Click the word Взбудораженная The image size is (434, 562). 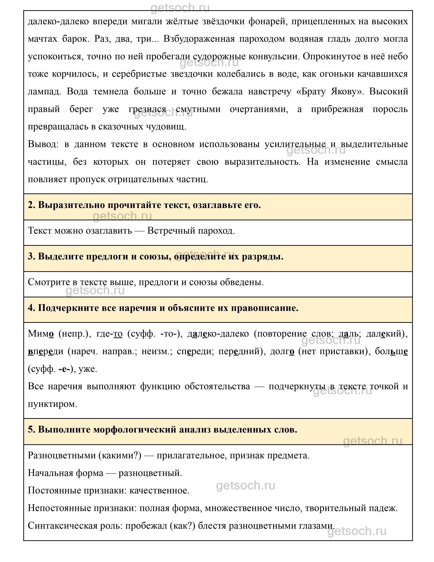[x=199, y=39]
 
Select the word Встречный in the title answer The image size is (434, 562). [x=171, y=230]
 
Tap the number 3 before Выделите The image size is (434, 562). [x=31, y=256]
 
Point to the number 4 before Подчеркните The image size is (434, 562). [x=31, y=308]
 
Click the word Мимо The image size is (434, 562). [x=41, y=334]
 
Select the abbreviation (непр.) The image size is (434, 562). [x=74, y=334]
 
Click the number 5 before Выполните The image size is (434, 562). [x=31, y=429]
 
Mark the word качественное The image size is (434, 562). [x=159, y=490]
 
